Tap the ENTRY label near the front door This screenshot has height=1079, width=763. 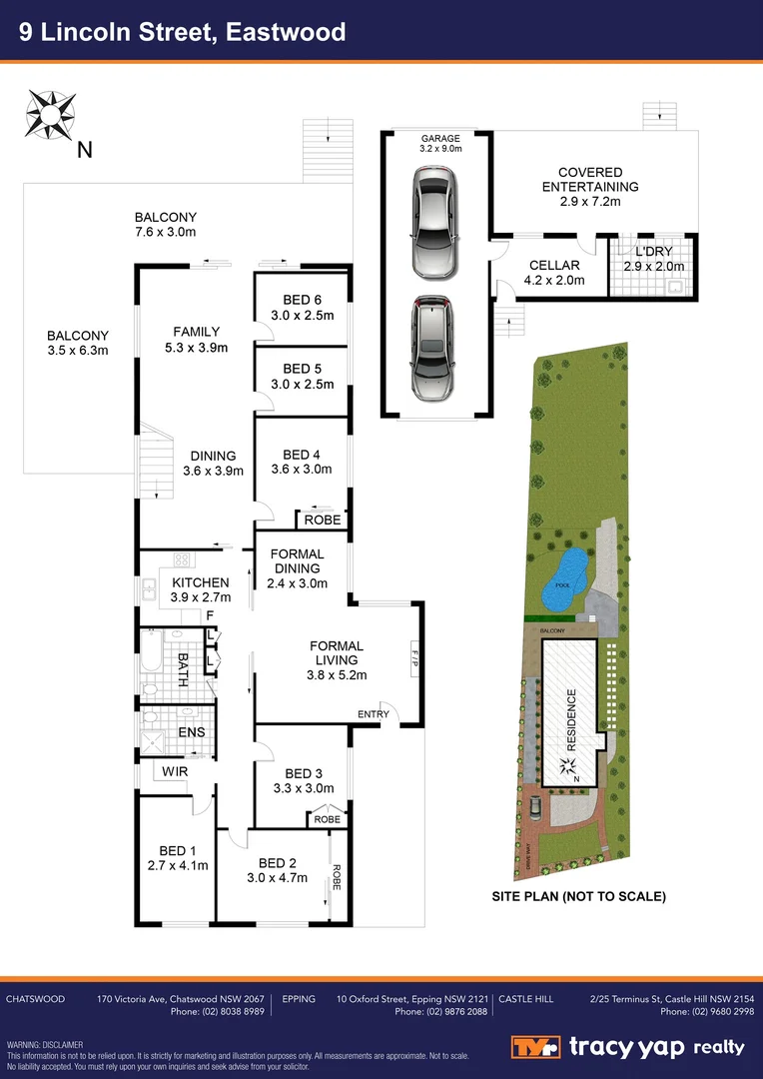tap(374, 713)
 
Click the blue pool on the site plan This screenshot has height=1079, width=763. tap(564, 578)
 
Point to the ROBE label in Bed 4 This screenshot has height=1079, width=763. tap(323, 521)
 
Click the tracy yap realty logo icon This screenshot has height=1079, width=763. tap(535, 1048)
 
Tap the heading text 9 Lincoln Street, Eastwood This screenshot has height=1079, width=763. tap(185, 32)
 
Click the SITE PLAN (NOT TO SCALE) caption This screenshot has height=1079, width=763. tap(578, 896)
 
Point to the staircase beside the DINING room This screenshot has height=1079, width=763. tap(157, 456)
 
